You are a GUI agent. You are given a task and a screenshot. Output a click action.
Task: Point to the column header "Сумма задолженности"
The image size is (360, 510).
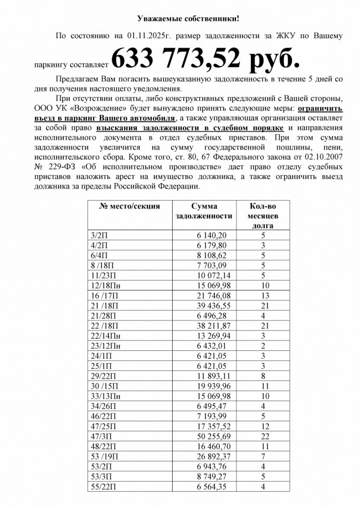[x=203, y=211]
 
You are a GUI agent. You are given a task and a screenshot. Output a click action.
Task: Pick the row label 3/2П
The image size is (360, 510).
[x=99, y=236]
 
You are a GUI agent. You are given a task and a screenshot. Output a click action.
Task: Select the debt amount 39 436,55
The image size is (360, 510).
[x=211, y=305]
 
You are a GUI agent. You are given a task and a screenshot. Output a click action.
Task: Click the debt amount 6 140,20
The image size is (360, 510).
[x=211, y=236]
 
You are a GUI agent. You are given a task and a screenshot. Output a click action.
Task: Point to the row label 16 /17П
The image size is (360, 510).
[x=103, y=295]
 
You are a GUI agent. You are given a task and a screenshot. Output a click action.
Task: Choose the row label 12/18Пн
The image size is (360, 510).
[x=105, y=285]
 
